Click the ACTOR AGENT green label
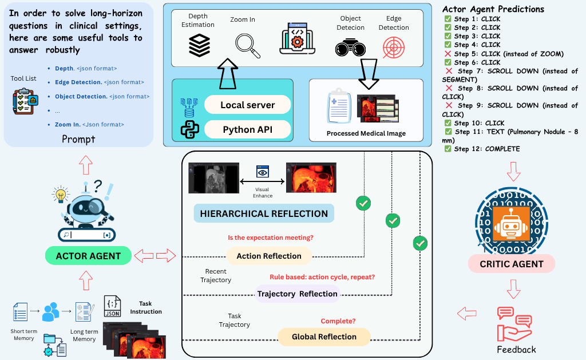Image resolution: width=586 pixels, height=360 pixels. coord(88,256)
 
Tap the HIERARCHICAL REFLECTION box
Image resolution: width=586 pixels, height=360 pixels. coord(264,213)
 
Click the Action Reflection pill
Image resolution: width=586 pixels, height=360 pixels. coord(269,256)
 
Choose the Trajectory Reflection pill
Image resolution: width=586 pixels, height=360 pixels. coord(297,294)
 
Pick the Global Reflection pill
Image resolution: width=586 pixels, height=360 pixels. coord(324,337)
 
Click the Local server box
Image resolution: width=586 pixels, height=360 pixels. coord(247,105)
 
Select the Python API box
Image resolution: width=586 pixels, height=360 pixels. coord(247,130)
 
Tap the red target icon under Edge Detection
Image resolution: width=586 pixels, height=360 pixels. coord(393,46)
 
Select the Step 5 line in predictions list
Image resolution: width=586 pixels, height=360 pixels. coord(504,54)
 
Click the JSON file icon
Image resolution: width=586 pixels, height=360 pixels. coord(112,307)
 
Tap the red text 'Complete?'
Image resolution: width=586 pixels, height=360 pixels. coord(338,321)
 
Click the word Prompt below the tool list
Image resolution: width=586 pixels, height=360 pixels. coord(78,139)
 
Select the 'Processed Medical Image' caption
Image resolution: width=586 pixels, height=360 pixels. coord(366,133)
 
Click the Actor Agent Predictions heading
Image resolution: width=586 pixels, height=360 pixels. coord(493,9)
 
